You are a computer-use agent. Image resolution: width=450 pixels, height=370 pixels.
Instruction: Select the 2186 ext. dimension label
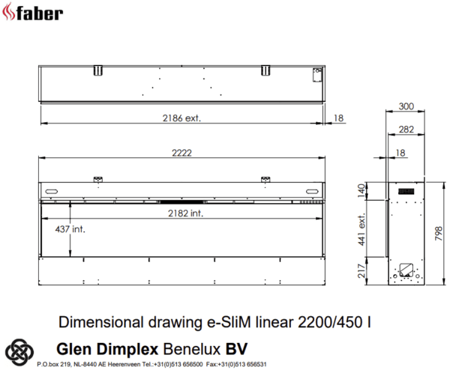(181, 118)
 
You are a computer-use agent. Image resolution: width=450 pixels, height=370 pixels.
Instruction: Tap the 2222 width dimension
(181, 152)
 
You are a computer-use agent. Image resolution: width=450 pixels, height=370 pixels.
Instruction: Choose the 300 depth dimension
(406, 106)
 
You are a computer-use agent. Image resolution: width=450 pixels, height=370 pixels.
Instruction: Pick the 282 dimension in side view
(406, 130)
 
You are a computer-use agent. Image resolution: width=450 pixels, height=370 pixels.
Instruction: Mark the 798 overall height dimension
(439, 233)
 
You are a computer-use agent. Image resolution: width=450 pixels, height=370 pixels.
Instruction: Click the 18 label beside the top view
(338, 118)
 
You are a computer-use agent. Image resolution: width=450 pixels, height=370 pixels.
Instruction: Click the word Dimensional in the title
(94, 323)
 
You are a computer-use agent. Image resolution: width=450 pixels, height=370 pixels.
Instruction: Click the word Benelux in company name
(190, 349)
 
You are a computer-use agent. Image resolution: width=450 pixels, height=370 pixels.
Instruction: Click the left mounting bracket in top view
(97, 70)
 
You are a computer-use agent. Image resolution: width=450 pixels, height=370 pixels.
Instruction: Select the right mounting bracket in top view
(265, 70)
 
